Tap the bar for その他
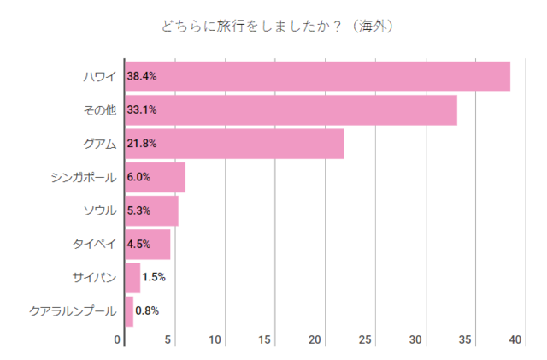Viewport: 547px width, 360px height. [x=291, y=110]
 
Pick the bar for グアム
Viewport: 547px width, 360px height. [x=234, y=144]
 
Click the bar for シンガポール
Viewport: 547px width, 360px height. [x=156, y=177]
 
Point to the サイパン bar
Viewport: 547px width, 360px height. [x=132, y=278]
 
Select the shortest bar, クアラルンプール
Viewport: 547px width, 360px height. [x=129, y=311]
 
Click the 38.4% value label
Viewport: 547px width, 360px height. [x=142, y=76]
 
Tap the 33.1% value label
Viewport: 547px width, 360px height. [x=142, y=110]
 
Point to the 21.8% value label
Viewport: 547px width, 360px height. [x=142, y=144]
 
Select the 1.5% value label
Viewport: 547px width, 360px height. [x=154, y=278]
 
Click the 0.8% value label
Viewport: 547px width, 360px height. [x=148, y=311]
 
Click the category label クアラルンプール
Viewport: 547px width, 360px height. [x=72, y=311]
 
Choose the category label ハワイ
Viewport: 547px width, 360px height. [x=100, y=76]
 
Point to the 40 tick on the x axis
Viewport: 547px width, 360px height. [x=515, y=340]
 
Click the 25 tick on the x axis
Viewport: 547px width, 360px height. [x=365, y=340]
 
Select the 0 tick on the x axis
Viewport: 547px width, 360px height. [x=118, y=340]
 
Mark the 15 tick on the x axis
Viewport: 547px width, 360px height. [x=265, y=340]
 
